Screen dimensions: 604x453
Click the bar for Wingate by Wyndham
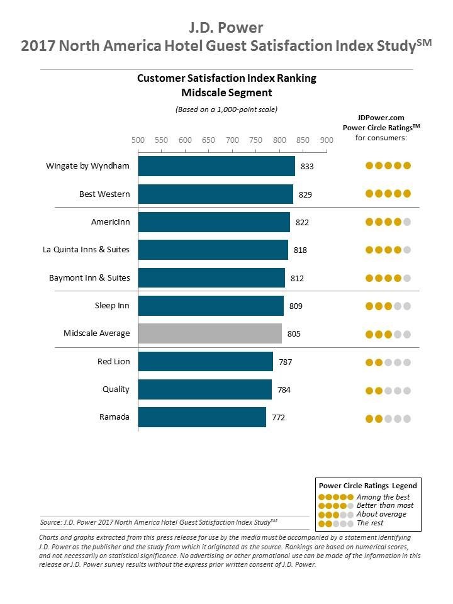point(216,166)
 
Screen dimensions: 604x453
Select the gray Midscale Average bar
point(210,333)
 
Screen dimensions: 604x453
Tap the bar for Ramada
point(202,417)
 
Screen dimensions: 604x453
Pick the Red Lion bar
point(205,362)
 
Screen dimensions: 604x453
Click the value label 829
point(305,194)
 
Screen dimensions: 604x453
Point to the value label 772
point(278,417)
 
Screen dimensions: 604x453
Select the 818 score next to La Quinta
point(300,250)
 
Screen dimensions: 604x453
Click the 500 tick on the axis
point(138,140)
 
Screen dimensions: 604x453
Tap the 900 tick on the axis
point(327,140)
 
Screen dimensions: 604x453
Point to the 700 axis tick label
point(232,140)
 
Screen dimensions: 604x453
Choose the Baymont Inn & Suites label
point(89,277)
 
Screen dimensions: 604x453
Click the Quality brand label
point(116,389)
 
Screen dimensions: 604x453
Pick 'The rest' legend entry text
point(370,523)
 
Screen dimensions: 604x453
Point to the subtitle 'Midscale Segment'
point(226,92)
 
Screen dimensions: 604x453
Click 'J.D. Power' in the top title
point(226,27)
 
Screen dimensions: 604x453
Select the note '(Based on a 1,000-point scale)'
point(226,109)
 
